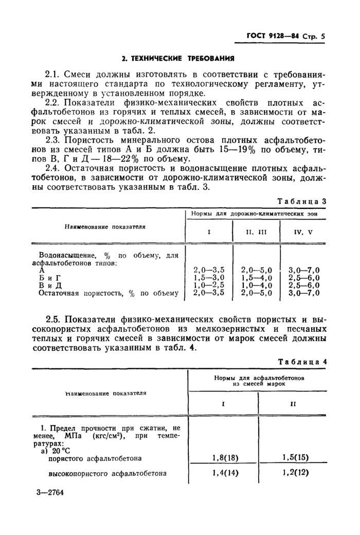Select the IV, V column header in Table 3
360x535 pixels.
tap(303, 231)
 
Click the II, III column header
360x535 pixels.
tap(256, 231)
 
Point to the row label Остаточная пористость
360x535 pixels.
tap(82, 293)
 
